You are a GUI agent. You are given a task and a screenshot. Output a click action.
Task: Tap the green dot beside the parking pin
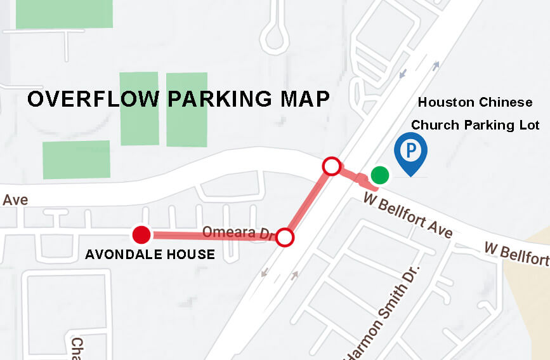coord(379,174)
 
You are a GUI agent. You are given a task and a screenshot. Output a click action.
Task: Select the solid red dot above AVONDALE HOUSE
coord(141,235)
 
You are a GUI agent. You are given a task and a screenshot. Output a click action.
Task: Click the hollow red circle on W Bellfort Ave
coord(332,166)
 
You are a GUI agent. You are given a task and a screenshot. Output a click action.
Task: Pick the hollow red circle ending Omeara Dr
coord(285,237)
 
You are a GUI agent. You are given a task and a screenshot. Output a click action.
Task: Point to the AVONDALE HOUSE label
coord(150,255)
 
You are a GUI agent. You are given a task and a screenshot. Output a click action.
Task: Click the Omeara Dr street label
coord(237,232)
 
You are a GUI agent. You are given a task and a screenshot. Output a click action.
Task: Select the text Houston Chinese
coord(475,102)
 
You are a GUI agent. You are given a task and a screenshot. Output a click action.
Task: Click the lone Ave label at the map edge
coord(15,200)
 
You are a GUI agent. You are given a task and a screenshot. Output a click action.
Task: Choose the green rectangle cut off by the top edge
coord(64,13)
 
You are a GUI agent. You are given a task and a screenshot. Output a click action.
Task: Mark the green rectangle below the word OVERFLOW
coord(76,159)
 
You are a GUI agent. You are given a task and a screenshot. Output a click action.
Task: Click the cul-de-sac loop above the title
coord(275,37)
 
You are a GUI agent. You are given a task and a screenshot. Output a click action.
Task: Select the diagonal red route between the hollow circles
coord(309,202)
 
